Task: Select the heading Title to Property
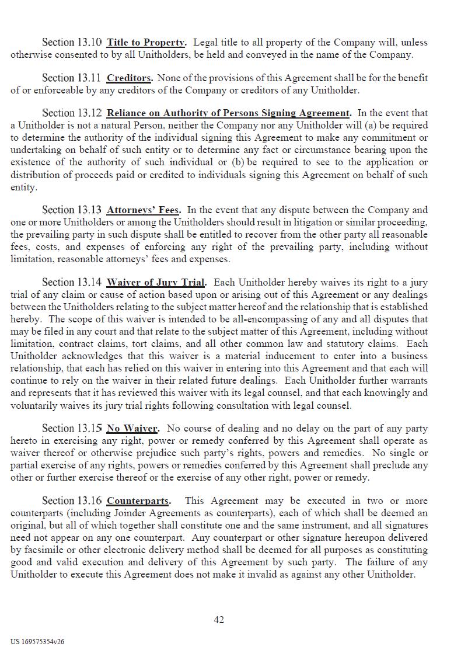click(x=146, y=42)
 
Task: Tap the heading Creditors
click(x=130, y=78)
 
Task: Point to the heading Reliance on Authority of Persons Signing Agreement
click(x=229, y=113)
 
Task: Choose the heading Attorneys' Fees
click(x=144, y=210)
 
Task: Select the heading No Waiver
click(x=133, y=428)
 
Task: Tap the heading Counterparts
click(x=139, y=500)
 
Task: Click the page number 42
click(x=219, y=620)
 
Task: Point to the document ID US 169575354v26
click(x=37, y=641)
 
